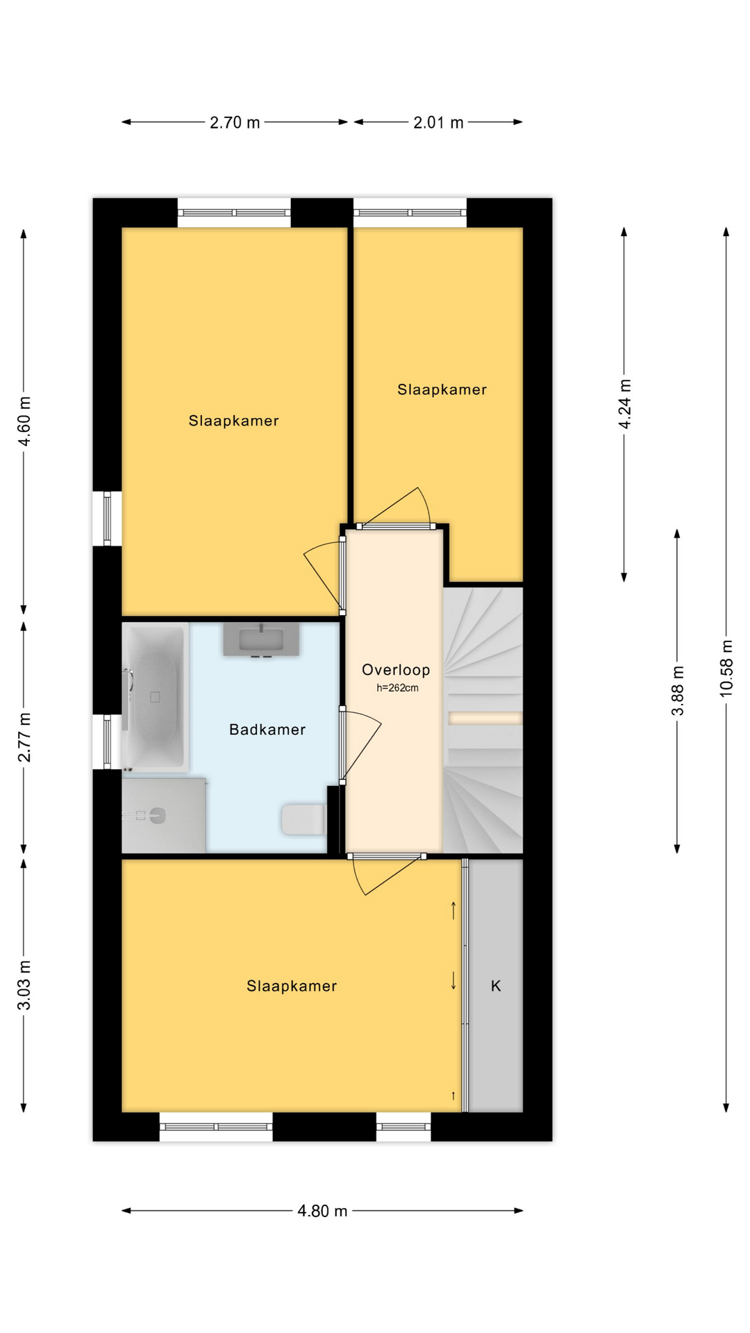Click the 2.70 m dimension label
(x=235, y=123)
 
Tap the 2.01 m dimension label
(x=438, y=123)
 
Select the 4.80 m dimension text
(x=322, y=1212)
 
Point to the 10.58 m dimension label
(x=726, y=668)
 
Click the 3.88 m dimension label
(x=678, y=691)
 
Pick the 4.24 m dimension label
(x=625, y=404)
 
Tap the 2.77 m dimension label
(x=24, y=737)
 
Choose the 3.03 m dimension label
(x=24, y=986)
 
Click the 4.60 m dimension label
(x=24, y=422)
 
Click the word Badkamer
(x=267, y=730)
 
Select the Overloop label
(x=396, y=670)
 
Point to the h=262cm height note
(x=397, y=688)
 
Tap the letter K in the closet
(x=496, y=986)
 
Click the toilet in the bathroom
(x=303, y=819)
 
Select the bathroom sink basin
(x=261, y=639)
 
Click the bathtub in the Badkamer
(x=155, y=697)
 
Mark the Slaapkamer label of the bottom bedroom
(x=292, y=986)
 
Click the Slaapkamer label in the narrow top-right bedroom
(x=442, y=389)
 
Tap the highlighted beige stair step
(x=485, y=719)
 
